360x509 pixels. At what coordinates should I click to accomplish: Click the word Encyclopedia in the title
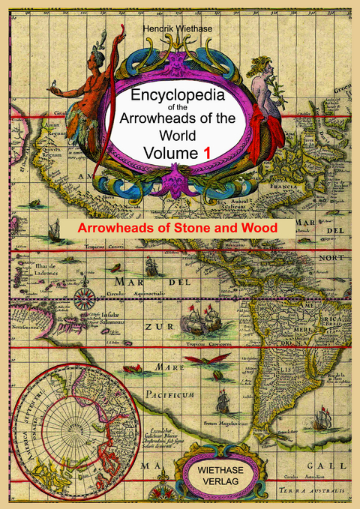pyautogui.click(x=180, y=97)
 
